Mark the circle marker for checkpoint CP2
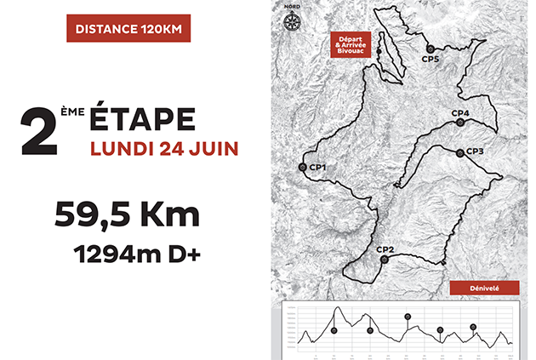(384, 260)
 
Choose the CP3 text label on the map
(475, 151)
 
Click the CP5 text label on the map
(431, 59)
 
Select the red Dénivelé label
(482, 288)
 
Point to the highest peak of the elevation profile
(337, 308)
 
